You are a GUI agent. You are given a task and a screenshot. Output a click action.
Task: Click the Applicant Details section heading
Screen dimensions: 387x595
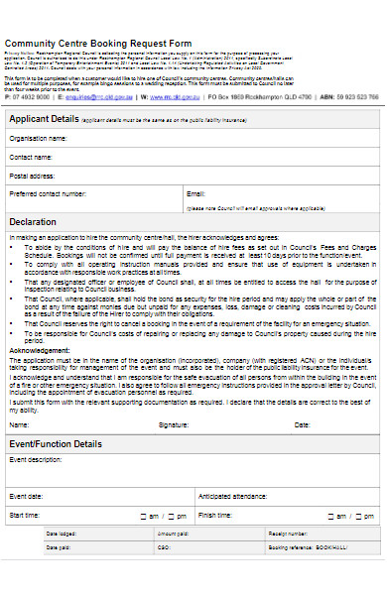(44, 119)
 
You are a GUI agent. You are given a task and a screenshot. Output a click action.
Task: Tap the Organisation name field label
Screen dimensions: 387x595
(40, 139)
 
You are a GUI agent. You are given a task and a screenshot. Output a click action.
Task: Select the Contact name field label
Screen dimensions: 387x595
(31, 157)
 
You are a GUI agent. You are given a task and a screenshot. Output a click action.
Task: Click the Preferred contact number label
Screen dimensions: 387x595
(49, 193)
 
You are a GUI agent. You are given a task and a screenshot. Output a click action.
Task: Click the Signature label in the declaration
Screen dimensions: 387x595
(174, 424)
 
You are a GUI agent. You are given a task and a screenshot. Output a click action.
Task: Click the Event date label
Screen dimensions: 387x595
(26, 496)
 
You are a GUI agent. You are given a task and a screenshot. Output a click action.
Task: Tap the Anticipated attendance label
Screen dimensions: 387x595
(235, 496)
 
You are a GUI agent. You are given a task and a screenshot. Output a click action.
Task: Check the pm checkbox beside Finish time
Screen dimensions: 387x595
(360, 517)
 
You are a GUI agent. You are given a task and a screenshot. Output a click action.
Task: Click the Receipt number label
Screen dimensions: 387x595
(286, 534)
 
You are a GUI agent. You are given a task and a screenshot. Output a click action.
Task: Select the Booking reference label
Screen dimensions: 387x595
(290, 546)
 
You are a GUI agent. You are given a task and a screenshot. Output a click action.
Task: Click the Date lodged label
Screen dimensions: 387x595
(59, 534)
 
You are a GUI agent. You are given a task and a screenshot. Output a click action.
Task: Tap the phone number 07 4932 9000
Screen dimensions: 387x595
(30, 98)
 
